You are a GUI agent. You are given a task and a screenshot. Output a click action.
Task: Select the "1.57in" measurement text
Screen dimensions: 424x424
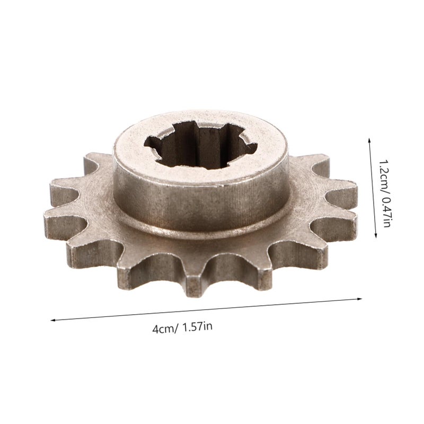click(x=197, y=327)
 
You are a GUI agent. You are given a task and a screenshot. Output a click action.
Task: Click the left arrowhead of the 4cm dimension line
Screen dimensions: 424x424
click(x=53, y=321)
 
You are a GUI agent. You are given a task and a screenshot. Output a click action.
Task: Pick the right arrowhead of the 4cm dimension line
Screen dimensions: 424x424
click(x=360, y=299)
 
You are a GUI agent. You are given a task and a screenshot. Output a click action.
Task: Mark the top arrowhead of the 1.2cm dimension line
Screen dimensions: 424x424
click(x=369, y=140)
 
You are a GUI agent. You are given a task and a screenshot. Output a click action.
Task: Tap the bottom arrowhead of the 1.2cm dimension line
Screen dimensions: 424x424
click(x=376, y=235)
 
